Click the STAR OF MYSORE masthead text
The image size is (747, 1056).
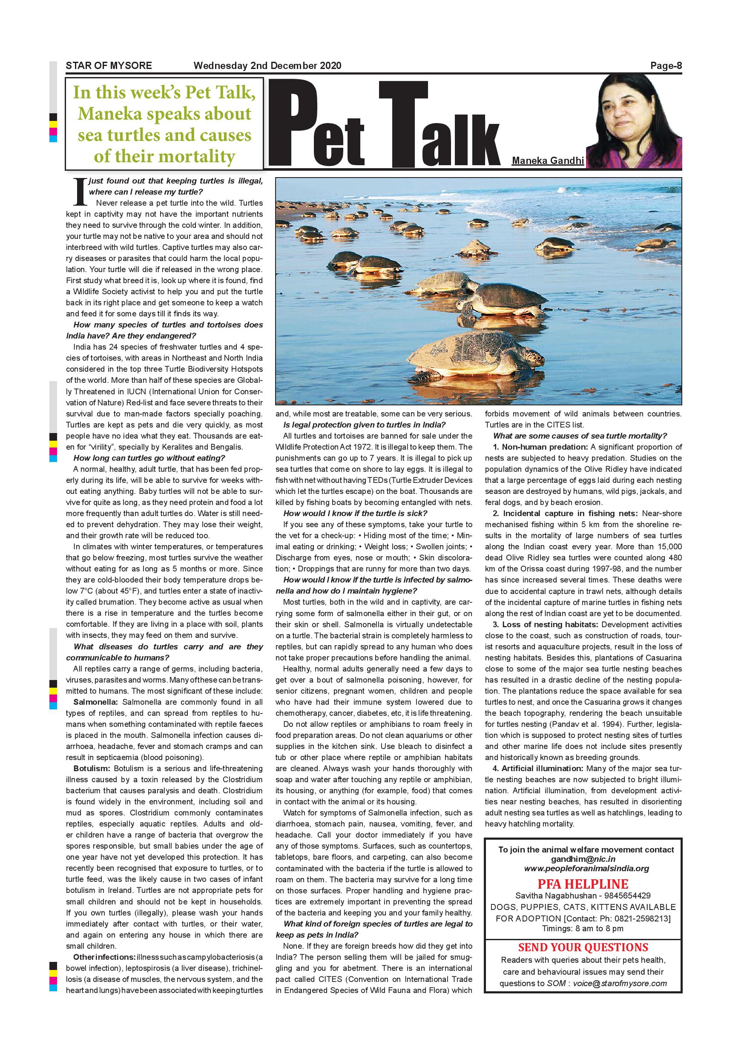point(109,65)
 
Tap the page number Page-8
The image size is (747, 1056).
point(666,66)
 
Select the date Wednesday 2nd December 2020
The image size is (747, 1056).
point(267,65)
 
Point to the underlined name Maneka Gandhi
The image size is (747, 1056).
point(547,161)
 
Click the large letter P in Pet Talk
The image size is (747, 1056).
point(293,124)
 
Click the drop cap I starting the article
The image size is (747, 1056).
point(80,191)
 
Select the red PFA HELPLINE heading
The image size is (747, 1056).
point(583,884)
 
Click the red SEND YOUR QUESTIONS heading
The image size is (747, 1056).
point(583,947)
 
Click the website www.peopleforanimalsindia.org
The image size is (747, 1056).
point(586,868)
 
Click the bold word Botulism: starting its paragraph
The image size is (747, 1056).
point(92,769)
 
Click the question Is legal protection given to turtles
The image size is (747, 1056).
point(364,425)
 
